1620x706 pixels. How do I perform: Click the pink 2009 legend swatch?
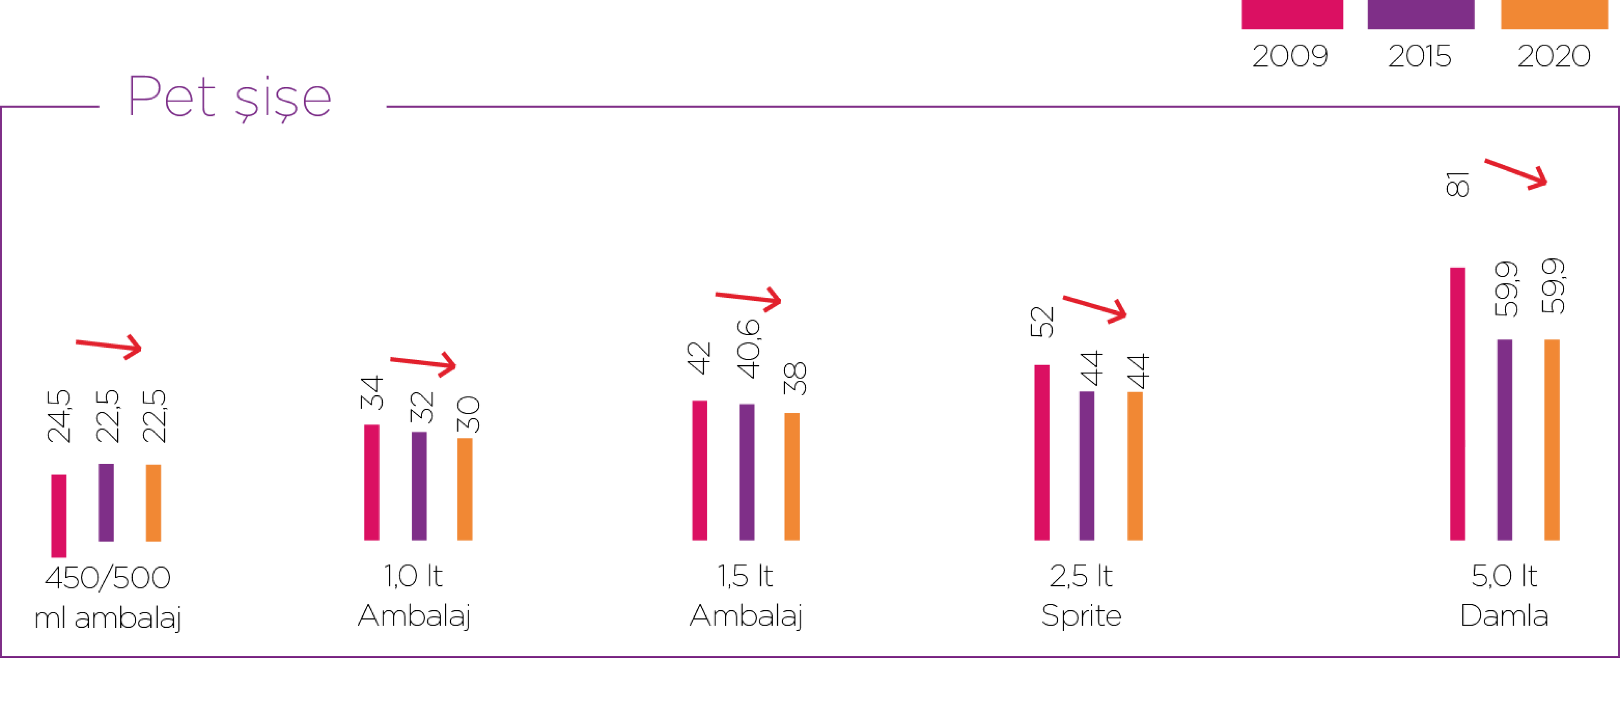coord(1292,14)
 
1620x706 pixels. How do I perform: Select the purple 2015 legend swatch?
coord(1421,14)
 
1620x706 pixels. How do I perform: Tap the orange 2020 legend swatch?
coord(1554,14)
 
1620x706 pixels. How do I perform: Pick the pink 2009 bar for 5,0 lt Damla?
coord(1458,404)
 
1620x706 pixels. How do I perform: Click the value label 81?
coord(1457,184)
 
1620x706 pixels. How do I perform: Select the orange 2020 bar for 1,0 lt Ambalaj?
coord(465,489)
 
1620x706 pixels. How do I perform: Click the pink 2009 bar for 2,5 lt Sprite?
coord(1042,452)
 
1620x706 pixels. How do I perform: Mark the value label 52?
coord(1042,321)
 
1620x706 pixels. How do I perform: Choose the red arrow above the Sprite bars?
coord(1094,308)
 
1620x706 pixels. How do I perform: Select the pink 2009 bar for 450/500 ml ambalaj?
coord(58,516)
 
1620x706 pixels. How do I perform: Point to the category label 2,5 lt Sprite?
coord(1081,595)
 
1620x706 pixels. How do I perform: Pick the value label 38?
coord(795,378)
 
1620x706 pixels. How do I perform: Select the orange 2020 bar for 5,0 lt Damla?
coord(1552,440)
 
